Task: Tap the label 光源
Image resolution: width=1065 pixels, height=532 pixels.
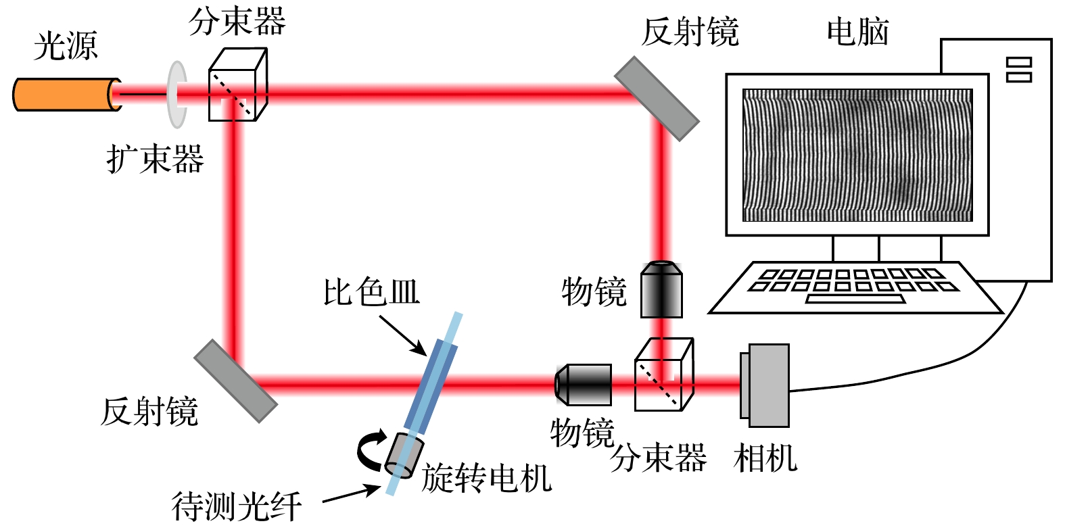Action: (x=66, y=46)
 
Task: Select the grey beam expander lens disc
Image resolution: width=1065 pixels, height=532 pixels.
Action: (x=176, y=95)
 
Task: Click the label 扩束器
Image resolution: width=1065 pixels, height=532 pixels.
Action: (x=155, y=160)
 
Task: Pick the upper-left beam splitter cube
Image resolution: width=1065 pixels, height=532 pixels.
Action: (x=237, y=86)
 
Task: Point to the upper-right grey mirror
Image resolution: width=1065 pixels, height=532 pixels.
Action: (x=656, y=99)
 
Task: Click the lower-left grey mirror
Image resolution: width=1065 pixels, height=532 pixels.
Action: (x=236, y=381)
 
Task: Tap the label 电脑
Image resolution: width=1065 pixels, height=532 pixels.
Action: (x=857, y=32)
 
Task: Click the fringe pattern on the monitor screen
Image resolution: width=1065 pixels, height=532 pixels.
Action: (x=857, y=155)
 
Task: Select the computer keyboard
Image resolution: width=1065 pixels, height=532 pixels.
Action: (x=855, y=287)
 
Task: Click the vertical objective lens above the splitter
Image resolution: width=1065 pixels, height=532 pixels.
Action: (x=661, y=289)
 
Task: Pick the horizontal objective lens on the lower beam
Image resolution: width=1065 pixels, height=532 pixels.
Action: (x=583, y=385)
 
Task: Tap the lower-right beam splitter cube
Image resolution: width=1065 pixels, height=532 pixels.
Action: (x=663, y=375)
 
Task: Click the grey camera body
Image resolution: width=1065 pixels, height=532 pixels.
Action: (x=767, y=385)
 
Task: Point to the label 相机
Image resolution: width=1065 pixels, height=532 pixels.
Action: (x=765, y=458)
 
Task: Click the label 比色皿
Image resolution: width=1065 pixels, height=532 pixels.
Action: (x=371, y=292)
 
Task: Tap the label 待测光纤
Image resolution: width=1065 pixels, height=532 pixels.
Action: (x=236, y=506)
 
